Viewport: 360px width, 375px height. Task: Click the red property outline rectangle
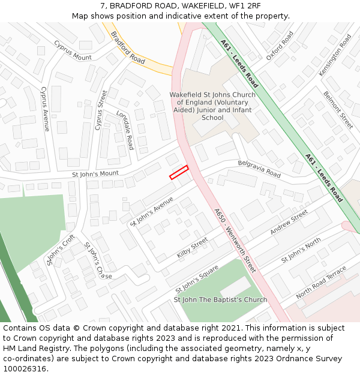pyautogui.click(x=179, y=172)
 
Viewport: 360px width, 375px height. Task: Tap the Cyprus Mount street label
pyautogui.click(x=73, y=50)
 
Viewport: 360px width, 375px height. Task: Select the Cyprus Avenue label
pyautogui.click(x=44, y=109)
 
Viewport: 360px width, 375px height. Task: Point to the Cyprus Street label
pyautogui.click(x=100, y=110)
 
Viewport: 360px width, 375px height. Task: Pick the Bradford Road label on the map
pyautogui.click(x=128, y=48)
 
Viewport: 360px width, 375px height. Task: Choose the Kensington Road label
pyautogui.click(x=335, y=55)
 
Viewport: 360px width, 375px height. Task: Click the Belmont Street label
pyautogui.click(x=338, y=110)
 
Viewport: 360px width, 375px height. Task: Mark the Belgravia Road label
pyautogui.click(x=259, y=169)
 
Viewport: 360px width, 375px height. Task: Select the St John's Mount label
pyautogui.click(x=95, y=174)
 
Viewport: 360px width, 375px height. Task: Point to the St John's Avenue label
pyautogui.click(x=152, y=211)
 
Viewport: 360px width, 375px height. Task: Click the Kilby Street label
pyautogui.click(x=193, y=248)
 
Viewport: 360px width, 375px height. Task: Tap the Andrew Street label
pyautogui.click(x=289, y=223)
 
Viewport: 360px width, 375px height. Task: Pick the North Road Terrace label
pyautogui.click(x=321, y=283)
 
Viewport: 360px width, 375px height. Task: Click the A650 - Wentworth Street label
pyautogui.click(x=235, y=241)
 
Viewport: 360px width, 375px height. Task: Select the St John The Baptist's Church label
pyautogui.click(x=220, y=299)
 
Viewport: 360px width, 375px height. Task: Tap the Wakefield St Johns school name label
pyautogui.click(x=212, y=106)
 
